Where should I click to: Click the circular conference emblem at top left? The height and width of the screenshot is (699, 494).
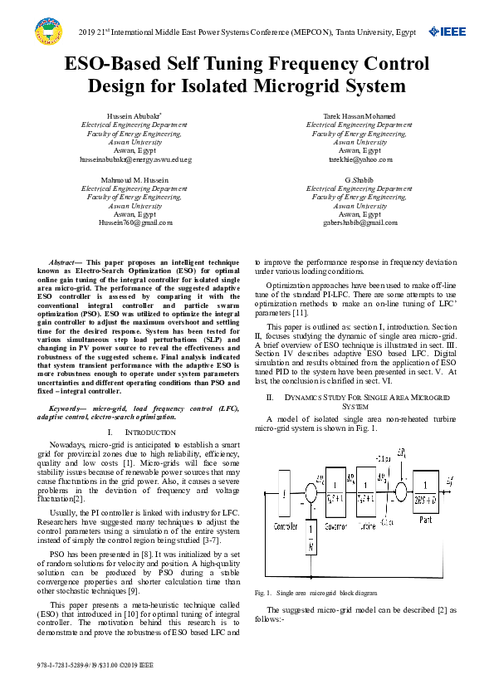tap(48, 32)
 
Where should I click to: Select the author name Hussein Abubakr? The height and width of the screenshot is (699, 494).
tap(135, 115)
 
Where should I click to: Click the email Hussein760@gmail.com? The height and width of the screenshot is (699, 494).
tap(135, 222)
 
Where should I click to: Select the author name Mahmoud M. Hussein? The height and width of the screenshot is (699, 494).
tap(135, 179)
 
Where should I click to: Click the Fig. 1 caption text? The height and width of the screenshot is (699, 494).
tap(315, 593)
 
